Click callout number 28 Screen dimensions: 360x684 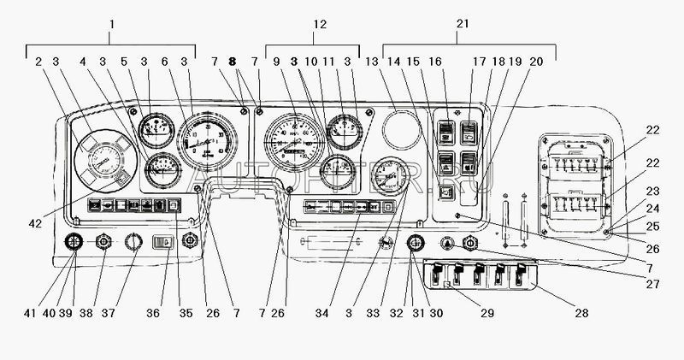click(581, 314)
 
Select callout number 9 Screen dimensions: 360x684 click(276, 62)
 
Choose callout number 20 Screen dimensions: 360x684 click(535, 62)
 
